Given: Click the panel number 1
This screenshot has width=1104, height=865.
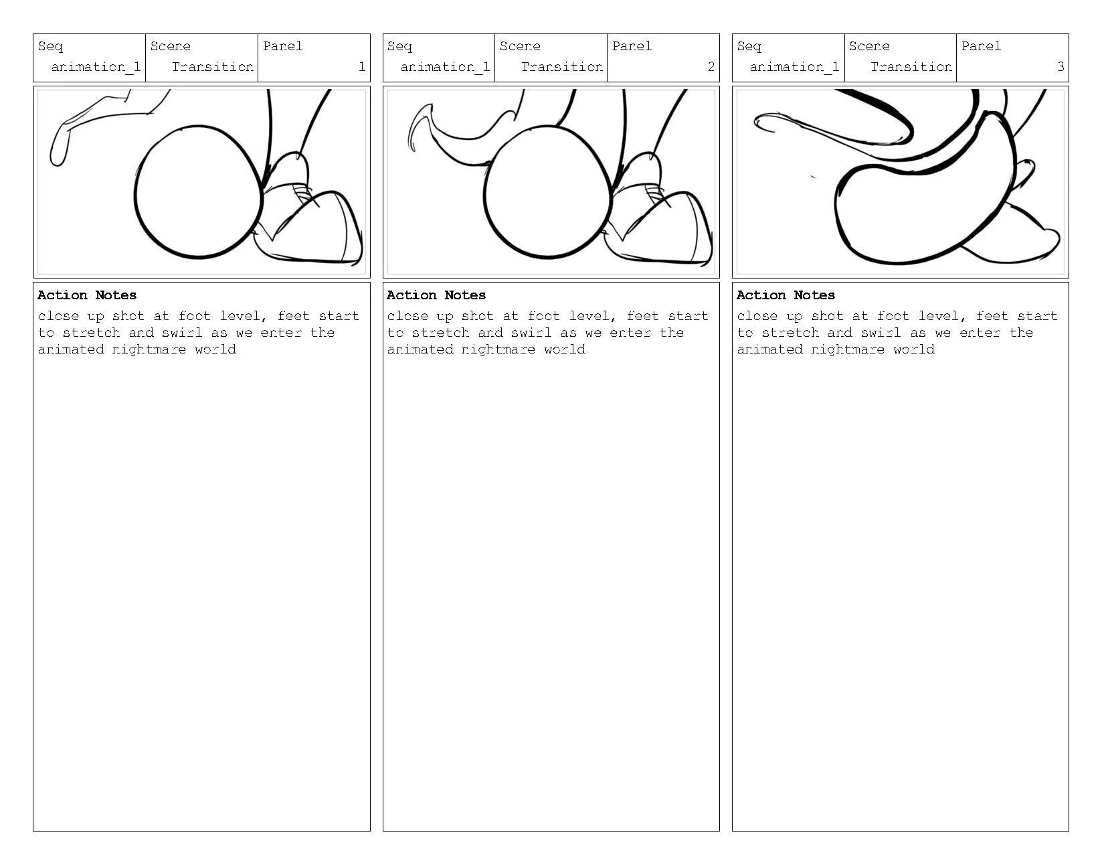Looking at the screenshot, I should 362,67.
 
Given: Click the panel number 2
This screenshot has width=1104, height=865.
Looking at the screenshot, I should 711,67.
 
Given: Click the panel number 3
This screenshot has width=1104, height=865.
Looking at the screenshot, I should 1060,67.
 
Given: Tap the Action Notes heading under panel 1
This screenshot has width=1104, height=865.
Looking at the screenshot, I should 87,295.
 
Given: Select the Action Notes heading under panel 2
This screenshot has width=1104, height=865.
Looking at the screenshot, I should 436,295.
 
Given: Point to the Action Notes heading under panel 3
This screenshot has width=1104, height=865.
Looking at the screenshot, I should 786,295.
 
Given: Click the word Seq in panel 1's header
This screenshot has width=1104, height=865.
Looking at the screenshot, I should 50,46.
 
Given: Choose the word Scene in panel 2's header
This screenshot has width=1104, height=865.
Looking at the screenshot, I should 520,46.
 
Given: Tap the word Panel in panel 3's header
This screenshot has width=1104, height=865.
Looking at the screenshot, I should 981,46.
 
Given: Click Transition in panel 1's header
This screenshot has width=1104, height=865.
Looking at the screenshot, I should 212,67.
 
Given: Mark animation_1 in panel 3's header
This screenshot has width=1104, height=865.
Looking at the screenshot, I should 794,67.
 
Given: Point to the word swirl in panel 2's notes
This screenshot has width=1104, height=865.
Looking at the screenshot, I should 531,333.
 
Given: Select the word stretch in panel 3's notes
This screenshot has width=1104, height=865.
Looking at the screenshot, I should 790,333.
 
